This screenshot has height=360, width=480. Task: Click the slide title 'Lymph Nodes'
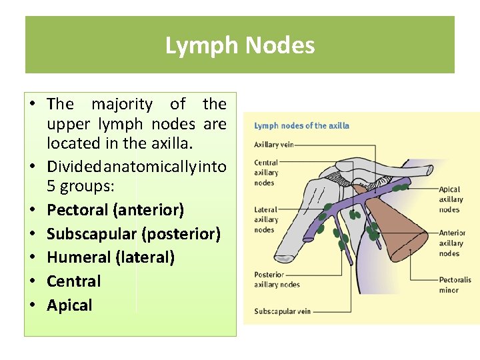(x=240, y=45)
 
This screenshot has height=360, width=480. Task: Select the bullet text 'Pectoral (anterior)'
(x=115, y=210)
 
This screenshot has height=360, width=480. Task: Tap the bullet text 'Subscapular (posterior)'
(x=133, y=234)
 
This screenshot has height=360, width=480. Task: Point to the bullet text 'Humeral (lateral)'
(x=111, y=257)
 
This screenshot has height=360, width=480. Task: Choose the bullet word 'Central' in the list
(x=73, y=281)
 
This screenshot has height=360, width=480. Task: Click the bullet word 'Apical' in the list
(x=69, y=305)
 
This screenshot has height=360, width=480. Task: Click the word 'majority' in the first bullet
(x=121, y=104)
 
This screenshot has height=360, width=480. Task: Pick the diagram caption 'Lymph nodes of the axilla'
(x=301, y=125)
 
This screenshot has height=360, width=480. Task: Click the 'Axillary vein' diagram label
(x=273, y=145)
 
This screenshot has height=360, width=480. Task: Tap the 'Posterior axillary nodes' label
(x=277, y=279)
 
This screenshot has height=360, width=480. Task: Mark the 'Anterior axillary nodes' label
(x=452, y=243)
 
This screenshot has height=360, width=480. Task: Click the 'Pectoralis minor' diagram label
(x=455, y=285)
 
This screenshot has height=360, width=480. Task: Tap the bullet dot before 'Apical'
(x=32, y=305)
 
